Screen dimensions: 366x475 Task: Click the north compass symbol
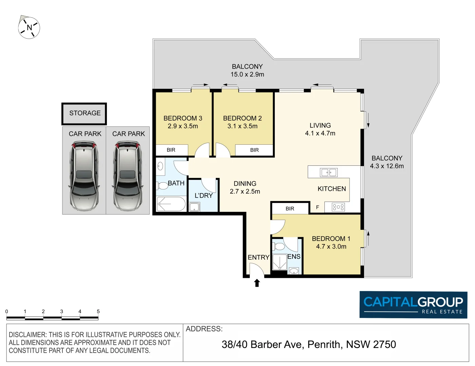tap(29, 27)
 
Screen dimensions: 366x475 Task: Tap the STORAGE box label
tap(85, 113)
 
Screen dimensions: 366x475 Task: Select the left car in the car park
tap(84, 176)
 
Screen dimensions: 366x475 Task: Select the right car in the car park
tap(128, 176)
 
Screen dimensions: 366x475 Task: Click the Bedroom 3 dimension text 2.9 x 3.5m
tap(183, 126)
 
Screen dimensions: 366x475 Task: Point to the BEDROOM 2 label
tap(242, 118)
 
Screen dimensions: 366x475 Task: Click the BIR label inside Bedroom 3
tap(171, 150)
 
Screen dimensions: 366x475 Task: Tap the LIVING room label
tap(320, 125)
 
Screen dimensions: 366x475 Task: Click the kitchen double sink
tap(328, 172)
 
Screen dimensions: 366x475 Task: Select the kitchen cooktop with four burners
tap(338, 207)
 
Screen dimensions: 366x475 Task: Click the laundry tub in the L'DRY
tap(194, 207)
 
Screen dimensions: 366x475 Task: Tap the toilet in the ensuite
tap(279, 246)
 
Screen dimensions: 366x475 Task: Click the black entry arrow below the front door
tap(257, 283)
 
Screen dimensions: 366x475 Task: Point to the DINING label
tap(245, 184)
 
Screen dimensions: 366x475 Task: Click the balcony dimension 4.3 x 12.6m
tap(387, 166)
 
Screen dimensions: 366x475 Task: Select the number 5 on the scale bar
tap(98, 311)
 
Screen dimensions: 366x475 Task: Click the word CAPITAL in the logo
tap(390, 302)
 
